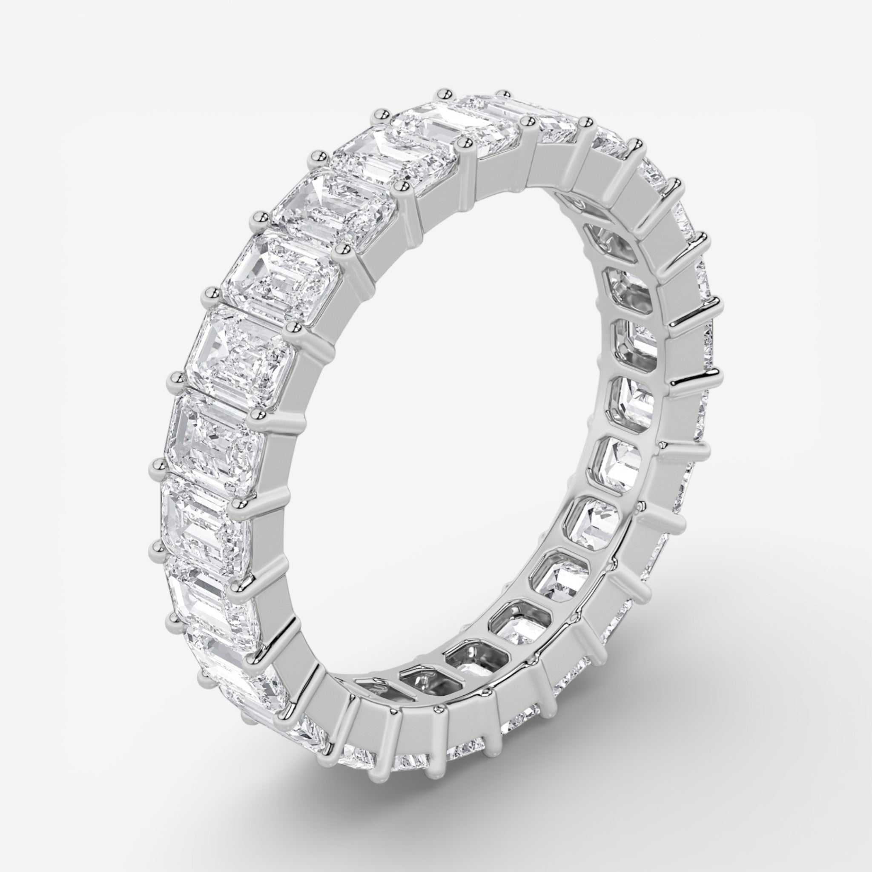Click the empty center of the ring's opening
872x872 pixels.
pyautogui.click(x=451, y=406)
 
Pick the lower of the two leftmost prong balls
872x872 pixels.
pyautogui.click(x=157, y=547)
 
